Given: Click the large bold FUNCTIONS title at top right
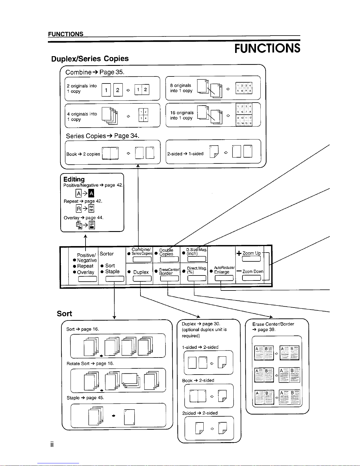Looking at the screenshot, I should (x=267, y=48).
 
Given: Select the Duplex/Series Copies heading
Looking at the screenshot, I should (x=90, y=59).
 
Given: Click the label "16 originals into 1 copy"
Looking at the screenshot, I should (x=182, y=115).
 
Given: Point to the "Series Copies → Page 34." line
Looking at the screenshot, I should (x=102, y=136).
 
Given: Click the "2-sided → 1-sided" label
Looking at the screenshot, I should (x=185, y=154).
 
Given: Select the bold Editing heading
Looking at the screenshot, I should (x=74, y=179).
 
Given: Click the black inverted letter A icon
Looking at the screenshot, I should (x=91, y=193).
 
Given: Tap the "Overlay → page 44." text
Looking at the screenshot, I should (x=83, y=218).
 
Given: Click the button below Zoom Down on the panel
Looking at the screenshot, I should (x=251, y=278).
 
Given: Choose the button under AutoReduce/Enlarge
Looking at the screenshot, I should (x=224, y=278).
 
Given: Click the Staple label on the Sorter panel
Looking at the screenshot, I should (x=112, y=272).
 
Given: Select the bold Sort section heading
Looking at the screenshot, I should (x=64, y=314).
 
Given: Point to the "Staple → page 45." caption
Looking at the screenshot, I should (x=85, y=398).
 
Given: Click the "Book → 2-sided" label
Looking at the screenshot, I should (x=198, y=380).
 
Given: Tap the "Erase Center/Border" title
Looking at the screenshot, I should (x=273, y=324).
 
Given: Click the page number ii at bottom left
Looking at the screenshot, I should (x=51, y=445).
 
